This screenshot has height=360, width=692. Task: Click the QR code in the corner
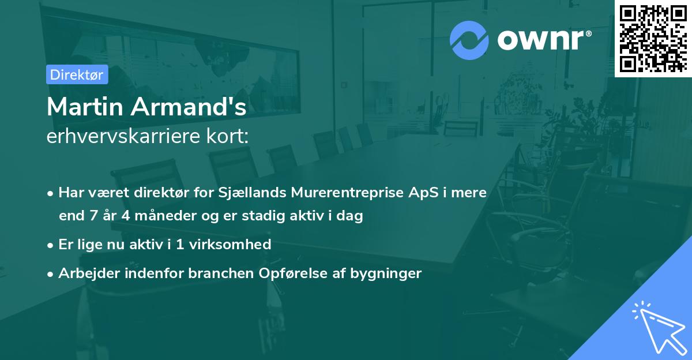click(653, 38)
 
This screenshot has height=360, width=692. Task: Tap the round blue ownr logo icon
click(469, 40)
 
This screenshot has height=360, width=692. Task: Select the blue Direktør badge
click(77, 74)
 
